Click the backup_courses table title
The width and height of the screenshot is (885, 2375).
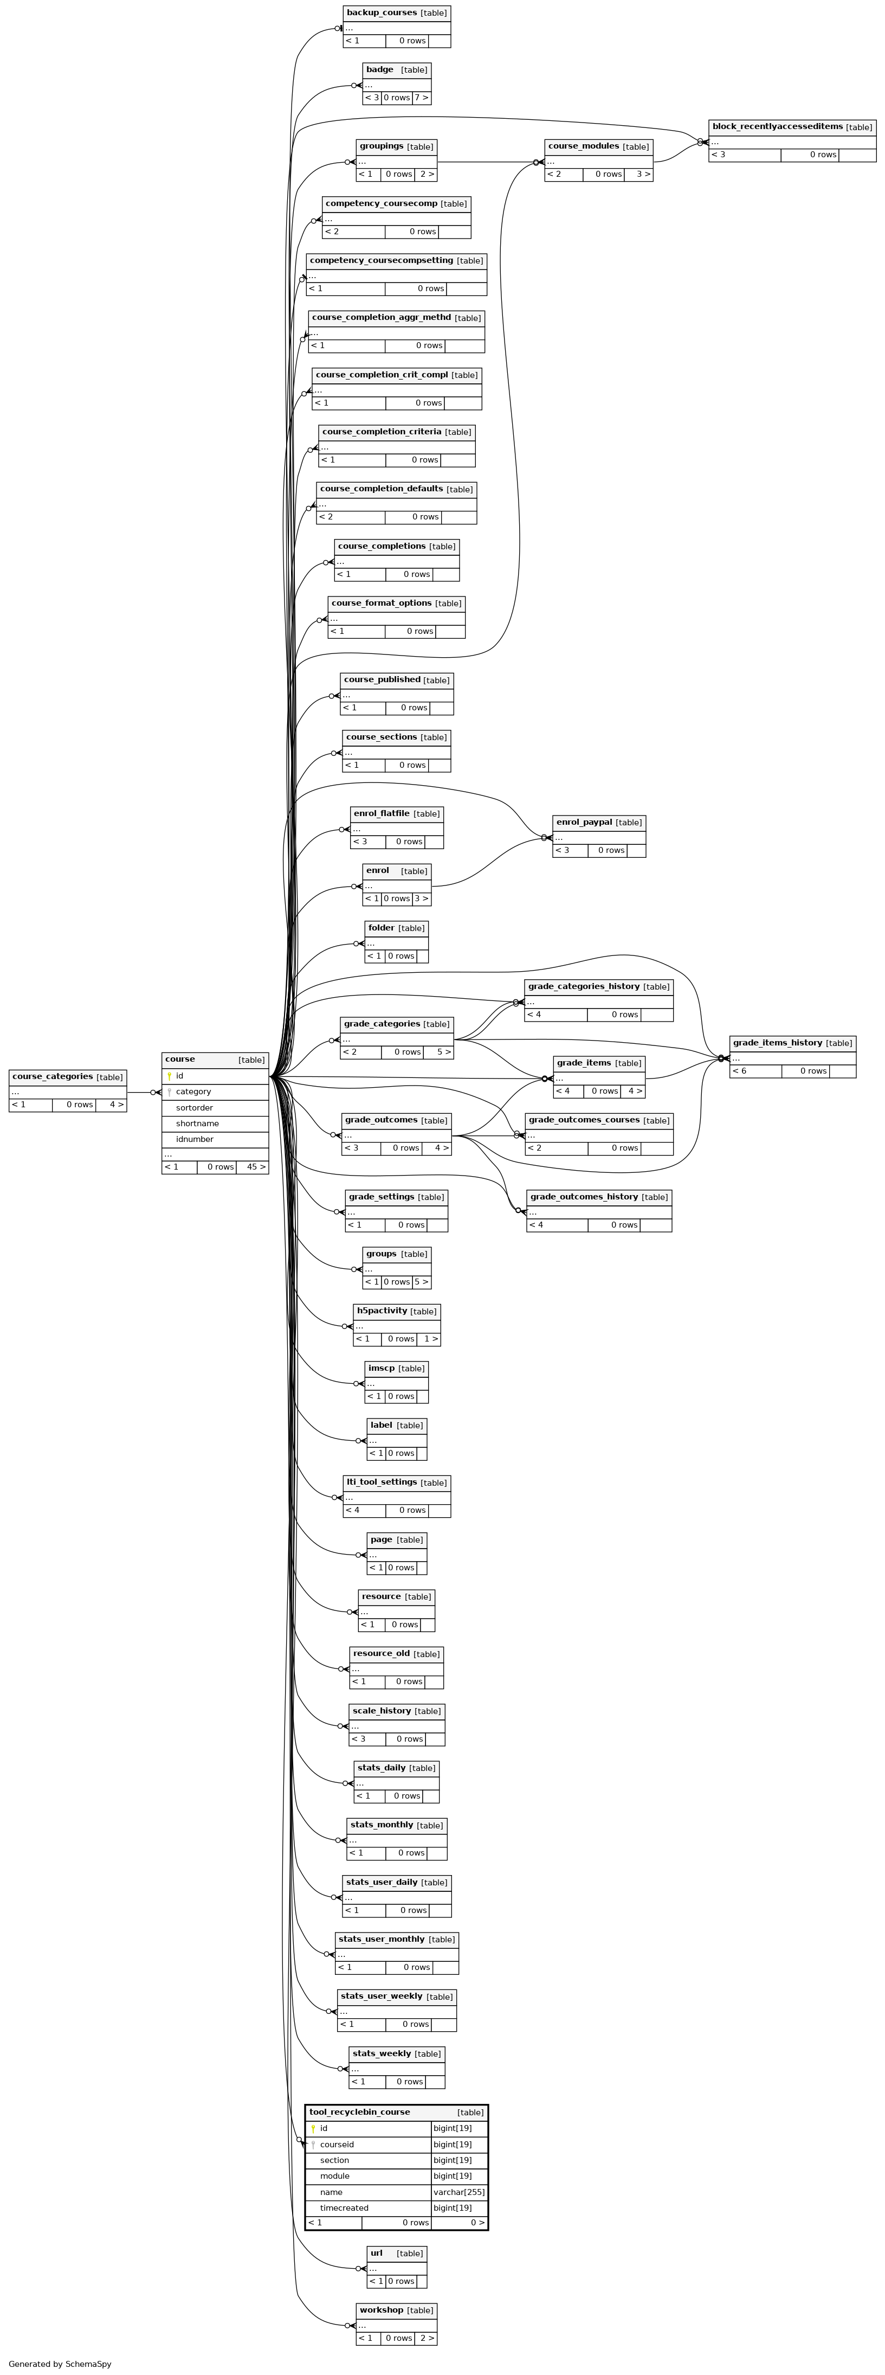click(382, 13)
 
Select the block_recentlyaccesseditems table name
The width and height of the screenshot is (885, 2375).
click(777, 127)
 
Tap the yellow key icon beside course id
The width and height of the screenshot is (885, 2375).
click(169, 1076)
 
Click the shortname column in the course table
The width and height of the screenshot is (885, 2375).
click(197, 1124)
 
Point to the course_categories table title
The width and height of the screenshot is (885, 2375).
click(53, 1077)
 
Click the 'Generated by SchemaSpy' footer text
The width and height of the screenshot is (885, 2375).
click(60, 2364)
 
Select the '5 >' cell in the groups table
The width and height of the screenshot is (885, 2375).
click(421, 1281)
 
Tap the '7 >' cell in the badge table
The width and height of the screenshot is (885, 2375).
click(421, 98)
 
